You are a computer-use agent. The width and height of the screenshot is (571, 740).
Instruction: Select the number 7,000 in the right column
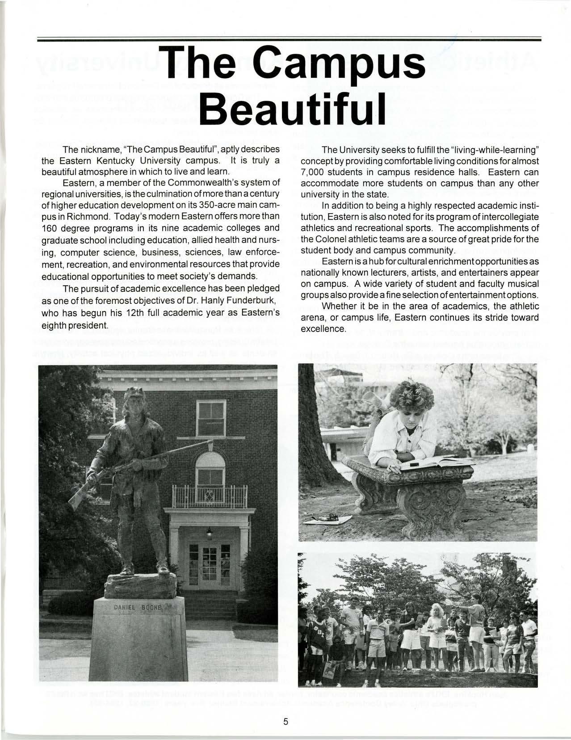click(315, 172)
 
